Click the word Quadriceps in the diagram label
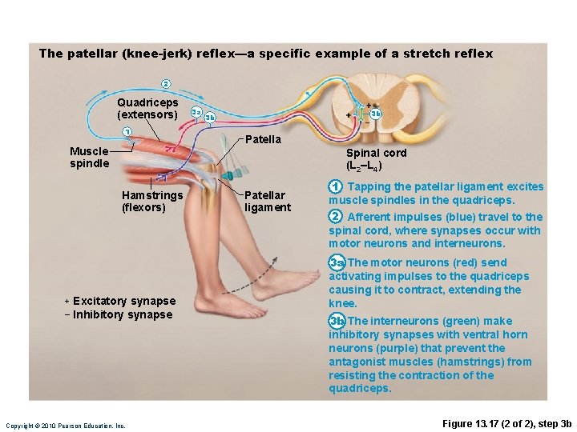(147, 102)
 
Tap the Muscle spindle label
(89, 157)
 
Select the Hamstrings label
(152, 195)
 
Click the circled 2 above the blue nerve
(166, 84)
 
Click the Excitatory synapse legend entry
(120, 301)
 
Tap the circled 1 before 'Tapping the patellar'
(335, 187)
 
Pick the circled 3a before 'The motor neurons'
(337, 262)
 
